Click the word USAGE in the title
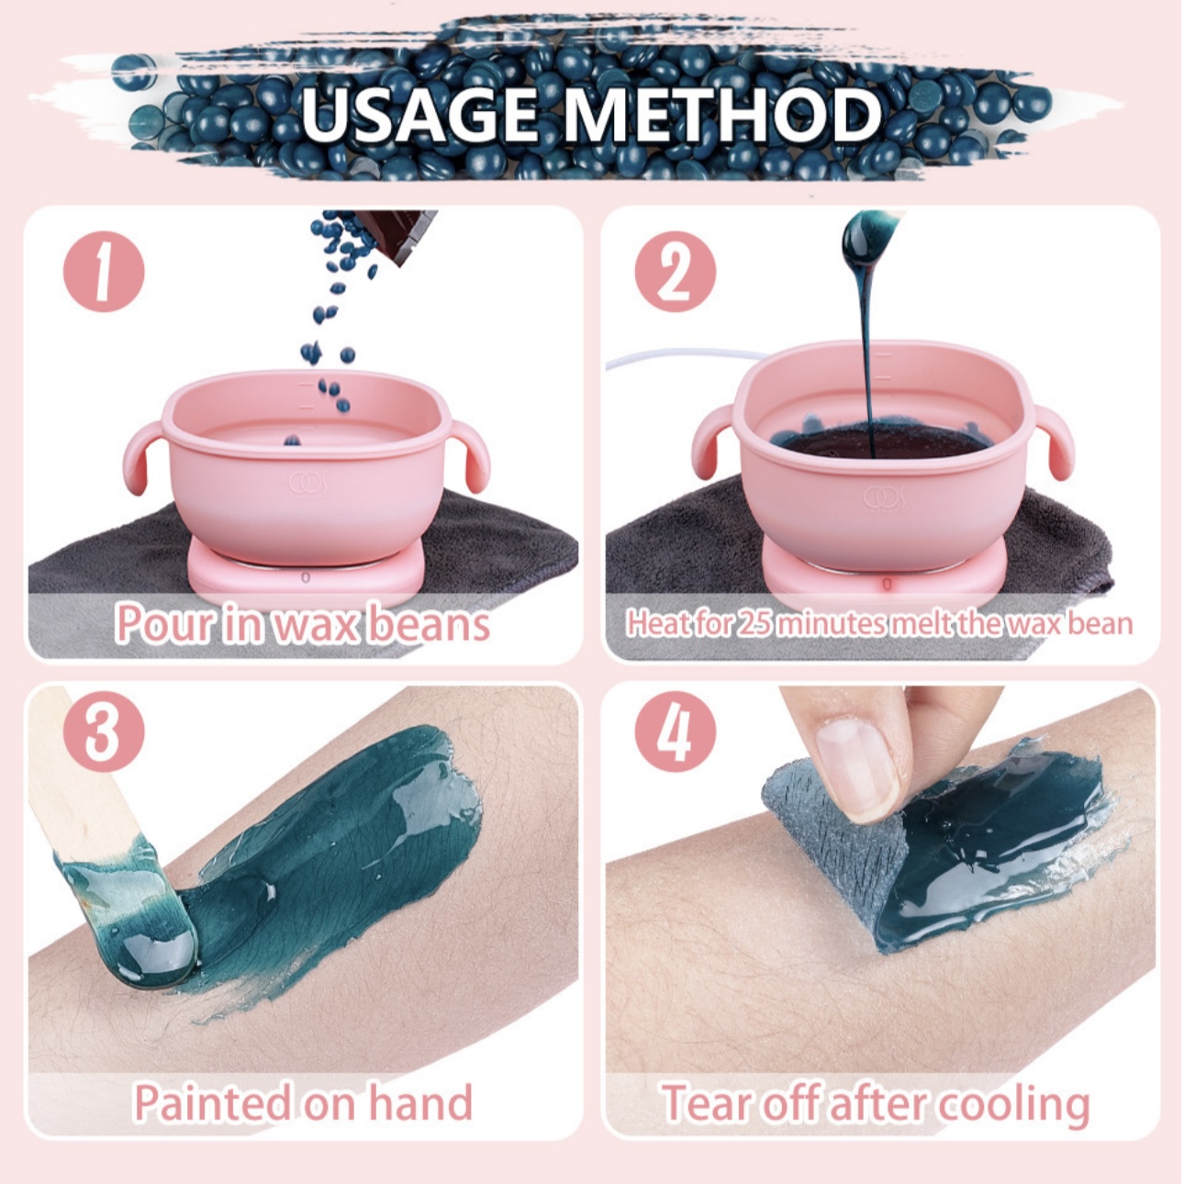point(419,115)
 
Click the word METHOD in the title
point(722,115)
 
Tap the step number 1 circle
point(104,271)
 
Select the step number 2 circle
point(676,271)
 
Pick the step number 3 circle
point(104,732)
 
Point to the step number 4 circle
point(676,732)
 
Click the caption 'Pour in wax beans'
point(303,623)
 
